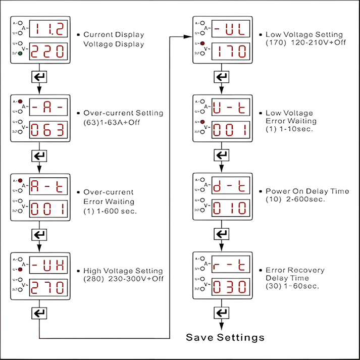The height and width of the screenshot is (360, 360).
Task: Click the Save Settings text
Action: [225, 337]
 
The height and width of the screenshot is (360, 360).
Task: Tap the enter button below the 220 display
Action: [39, 77]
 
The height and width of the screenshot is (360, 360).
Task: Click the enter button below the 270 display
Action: [39, 313]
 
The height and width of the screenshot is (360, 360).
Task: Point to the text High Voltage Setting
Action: [123, 271]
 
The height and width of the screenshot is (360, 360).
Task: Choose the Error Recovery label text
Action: [295, 271]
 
